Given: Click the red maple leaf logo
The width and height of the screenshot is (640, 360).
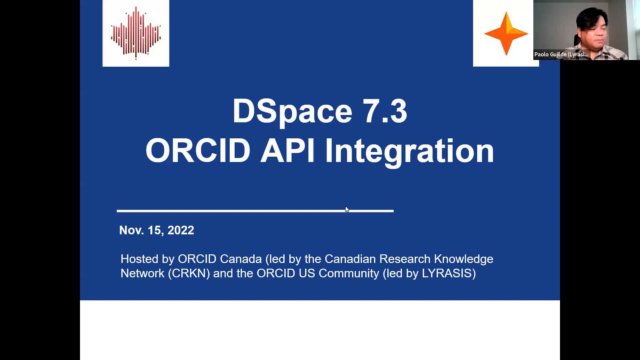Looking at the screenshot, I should point(136,33).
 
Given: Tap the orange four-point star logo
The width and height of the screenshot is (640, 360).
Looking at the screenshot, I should point(506,33).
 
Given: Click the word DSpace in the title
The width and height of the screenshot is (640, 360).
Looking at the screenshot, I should point(292,111).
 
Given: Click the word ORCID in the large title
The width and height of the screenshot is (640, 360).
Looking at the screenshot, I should point(198,151).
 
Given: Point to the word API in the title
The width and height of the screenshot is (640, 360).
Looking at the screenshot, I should point(287,151).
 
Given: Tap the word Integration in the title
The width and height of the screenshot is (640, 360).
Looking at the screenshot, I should point(409,151).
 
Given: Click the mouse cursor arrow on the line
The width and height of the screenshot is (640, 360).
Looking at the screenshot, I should point(347,209).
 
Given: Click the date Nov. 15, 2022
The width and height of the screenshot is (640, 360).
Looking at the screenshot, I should point(156,230).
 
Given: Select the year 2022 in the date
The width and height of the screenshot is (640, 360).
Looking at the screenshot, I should point(181,230).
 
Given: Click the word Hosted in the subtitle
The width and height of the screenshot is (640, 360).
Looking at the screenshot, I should point(139,259).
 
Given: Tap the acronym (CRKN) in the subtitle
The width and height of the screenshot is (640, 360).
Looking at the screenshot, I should point(189,273).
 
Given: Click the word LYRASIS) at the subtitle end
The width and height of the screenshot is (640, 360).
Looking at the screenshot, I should point(449,273).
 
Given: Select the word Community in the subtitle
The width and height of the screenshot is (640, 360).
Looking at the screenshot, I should point(349,273).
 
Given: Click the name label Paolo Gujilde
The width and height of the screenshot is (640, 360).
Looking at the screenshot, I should point(561,54).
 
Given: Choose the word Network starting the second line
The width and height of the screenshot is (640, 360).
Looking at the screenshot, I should point(142,273).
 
